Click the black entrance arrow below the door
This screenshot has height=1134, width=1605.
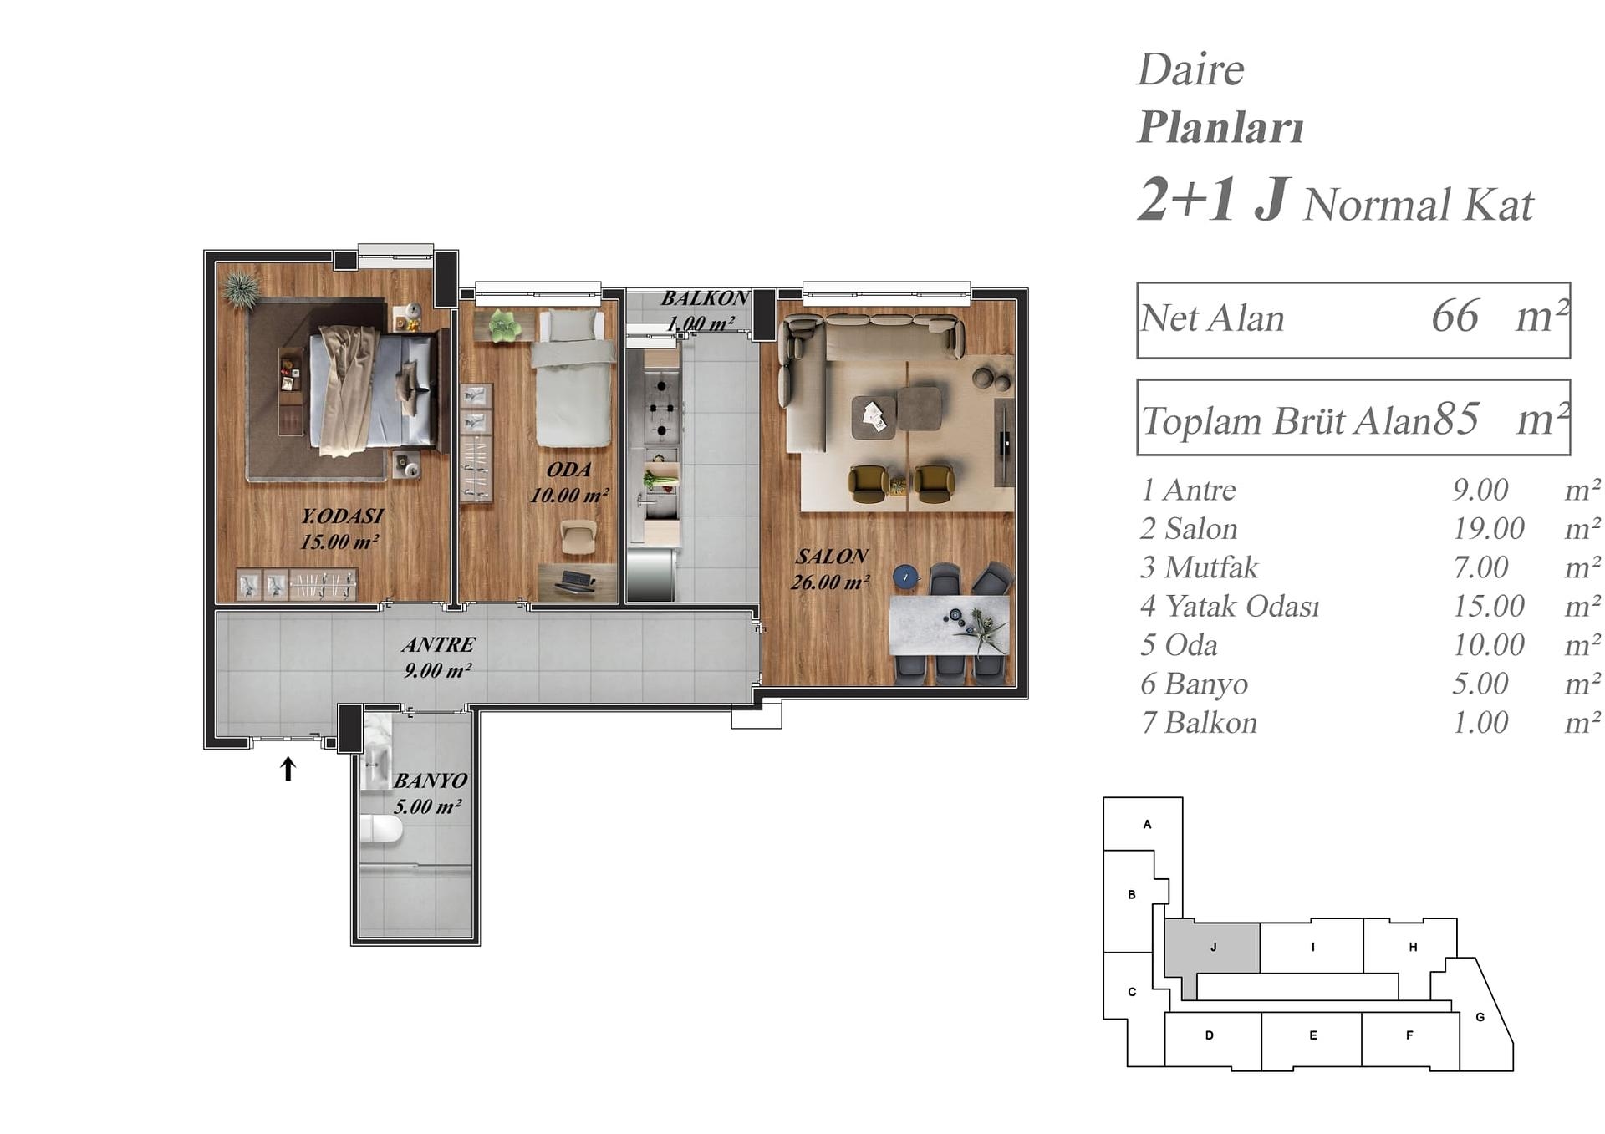pyautogui.click(x=288, y=769)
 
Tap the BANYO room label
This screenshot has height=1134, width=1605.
pyautogui.click(x=430, y=781)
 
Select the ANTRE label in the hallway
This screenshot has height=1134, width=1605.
pyautogui.click(x=438, y=644)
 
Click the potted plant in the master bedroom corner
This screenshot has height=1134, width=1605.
pyautogui.click(x=242, y=289)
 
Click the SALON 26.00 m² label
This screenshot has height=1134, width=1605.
pyautogui.click(x=831, y=569)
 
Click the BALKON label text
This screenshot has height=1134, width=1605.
pyautogui.click(x=705, y=298)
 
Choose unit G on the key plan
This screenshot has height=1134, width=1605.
pyautogui.click(x=1480, y=1017)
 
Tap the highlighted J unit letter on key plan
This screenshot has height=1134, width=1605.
pyautogui.click(x=1213, y=947)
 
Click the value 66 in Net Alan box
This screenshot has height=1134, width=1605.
pyautogui.click(x=1455, y=317)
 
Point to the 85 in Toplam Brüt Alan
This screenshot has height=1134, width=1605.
pyautogui.click(x=1456, y=420)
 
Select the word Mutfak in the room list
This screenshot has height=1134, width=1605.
pyautogui.click(x=1211, y=567)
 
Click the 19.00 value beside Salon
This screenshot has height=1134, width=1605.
pyautogui.click(x=1489, y=528)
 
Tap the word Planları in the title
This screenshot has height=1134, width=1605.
pyautogui.click(x=1220, y=127)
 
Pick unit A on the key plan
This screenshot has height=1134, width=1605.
pyautogui.click(x=1147, y=824)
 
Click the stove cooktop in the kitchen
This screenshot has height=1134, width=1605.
pyautogui.click(x=661, y=409)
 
